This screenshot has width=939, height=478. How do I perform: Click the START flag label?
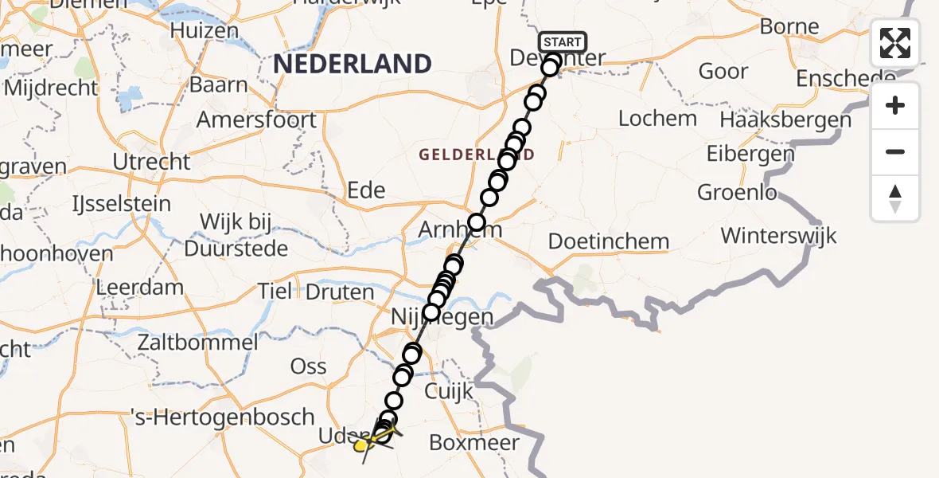563,41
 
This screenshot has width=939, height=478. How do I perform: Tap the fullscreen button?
895,43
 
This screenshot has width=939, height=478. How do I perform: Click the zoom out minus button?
895,151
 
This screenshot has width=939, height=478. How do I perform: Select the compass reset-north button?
895,198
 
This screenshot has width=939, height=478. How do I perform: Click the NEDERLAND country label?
353,64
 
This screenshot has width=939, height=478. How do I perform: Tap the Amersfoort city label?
256,120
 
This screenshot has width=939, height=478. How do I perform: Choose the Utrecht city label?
151,162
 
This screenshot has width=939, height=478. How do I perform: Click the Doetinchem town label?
609,241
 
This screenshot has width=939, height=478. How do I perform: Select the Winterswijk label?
778,236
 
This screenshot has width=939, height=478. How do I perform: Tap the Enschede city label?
845,79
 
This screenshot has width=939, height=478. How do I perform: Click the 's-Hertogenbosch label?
223,417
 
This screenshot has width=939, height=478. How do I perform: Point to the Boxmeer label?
474,442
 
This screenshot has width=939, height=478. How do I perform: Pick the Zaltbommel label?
197,343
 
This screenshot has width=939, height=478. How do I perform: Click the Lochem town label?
657,119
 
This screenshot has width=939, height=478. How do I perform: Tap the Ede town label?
367,190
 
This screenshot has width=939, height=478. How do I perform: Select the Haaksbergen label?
785,120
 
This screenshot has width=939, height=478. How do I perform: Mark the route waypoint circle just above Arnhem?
477,222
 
